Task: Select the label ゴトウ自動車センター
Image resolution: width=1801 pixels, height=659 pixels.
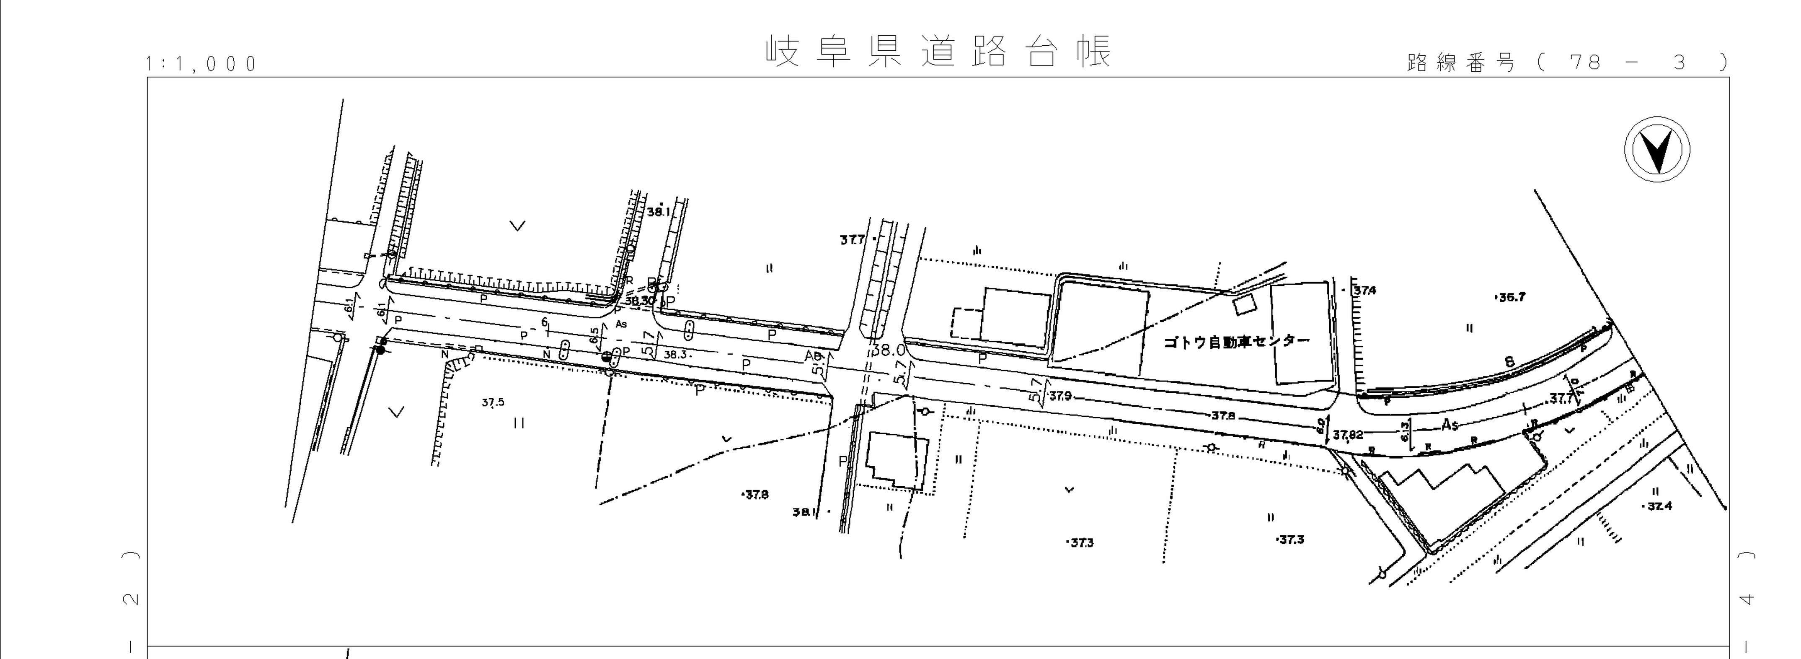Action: [x=1236, y=342]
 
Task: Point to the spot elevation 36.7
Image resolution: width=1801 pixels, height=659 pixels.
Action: [x=1510, y=297]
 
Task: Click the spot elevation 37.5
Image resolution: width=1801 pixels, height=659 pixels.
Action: [x=493, y=402]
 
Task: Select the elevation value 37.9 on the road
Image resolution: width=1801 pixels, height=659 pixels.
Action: [x=1060, y=397]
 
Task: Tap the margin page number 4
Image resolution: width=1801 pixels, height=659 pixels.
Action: [x=1746, y=599]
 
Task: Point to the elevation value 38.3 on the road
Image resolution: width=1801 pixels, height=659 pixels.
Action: [x=674, y=355]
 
